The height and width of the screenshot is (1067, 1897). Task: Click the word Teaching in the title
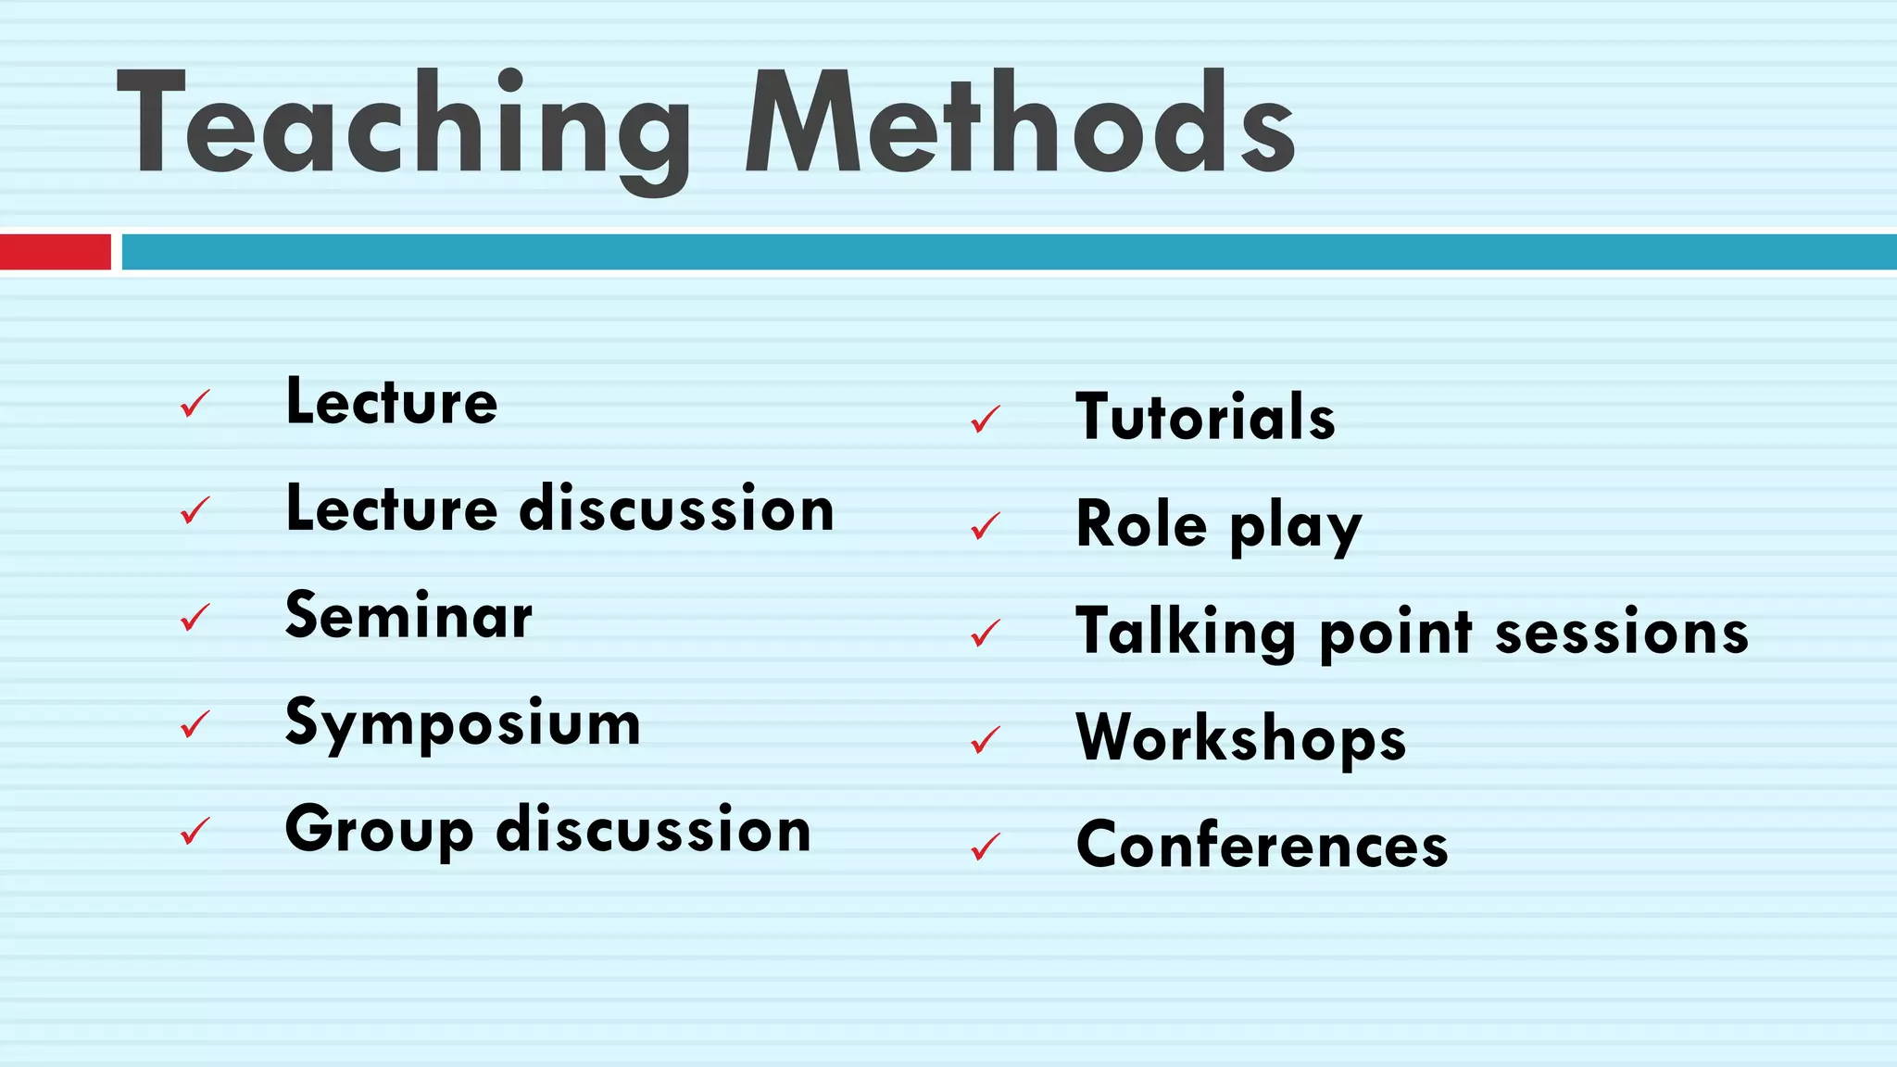[x=404, y=125]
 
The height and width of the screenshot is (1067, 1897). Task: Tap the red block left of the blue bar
[x=55, y=252]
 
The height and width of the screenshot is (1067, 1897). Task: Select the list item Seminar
[x=408, y=616]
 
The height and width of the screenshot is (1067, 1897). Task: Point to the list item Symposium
[x=462, y=723]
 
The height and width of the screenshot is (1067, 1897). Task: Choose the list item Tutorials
[x=1205, y=417]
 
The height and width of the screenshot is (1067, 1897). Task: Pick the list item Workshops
[x=1240, y=738]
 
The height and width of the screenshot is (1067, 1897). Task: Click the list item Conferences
[x=1262, y=845]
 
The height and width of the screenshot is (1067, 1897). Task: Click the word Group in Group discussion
[x=379, y=831]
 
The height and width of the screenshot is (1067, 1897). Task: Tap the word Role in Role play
[x=1141, y=524]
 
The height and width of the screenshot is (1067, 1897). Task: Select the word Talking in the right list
[x=1185, y=633]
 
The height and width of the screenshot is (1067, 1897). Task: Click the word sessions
[x=1622, y=633]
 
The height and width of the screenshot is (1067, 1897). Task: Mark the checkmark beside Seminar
[x=195, y=618]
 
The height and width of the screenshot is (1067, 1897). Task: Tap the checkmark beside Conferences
[x=986, y=847]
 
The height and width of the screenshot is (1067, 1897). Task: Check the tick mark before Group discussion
[x=195, y=831]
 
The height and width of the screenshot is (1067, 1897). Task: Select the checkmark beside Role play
[x=986, y=526]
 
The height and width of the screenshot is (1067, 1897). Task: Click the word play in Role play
[x=1296, y=528]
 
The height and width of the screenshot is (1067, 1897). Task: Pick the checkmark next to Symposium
[x=195, y=724]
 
